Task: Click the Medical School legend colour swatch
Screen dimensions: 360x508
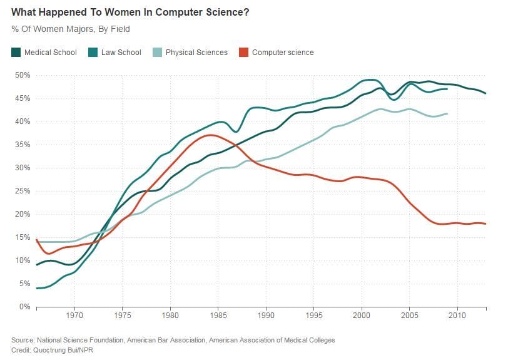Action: [16, 53]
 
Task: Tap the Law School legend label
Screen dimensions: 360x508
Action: [121, 53]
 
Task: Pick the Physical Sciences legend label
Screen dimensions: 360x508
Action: [196, 53]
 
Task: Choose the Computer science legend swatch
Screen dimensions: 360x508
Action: [243, 53]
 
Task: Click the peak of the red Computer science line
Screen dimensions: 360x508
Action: [212, 135]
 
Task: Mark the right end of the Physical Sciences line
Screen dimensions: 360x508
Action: [447, 113]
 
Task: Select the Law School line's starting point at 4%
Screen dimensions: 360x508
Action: [38, 288]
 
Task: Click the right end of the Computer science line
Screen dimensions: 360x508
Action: [486, 224]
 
